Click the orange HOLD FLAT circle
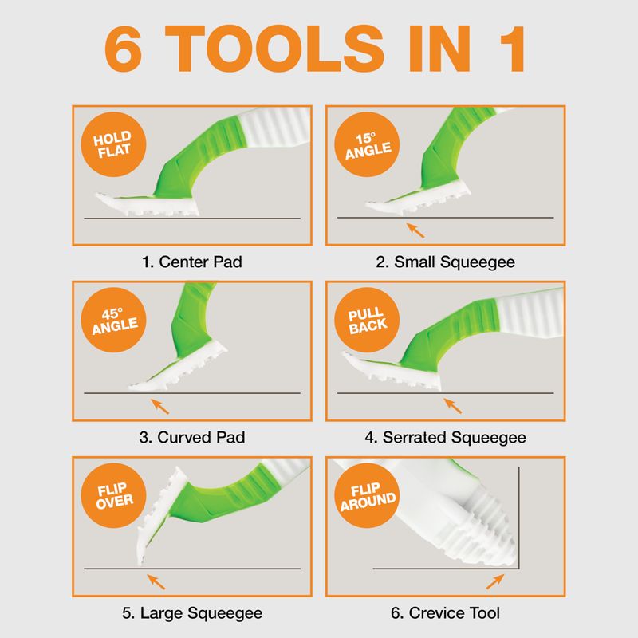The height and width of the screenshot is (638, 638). coord(113,144)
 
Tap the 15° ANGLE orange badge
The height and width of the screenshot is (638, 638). coord(367,144)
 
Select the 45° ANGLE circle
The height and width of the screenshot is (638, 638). coord(113,320)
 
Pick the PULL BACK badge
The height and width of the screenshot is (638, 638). coord(367,320)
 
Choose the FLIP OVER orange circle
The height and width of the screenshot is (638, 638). coord(113,495)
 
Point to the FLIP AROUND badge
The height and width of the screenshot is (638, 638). coord(367,495)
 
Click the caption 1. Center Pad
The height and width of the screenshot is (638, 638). coord(192,262)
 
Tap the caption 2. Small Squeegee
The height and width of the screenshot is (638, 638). coord(446,262)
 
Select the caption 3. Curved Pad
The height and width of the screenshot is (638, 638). coord(192,437)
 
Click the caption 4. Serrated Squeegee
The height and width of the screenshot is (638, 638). coord(446,438)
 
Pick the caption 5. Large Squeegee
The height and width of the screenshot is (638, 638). coord(192,613)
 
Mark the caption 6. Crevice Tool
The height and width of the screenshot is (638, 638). coord(446,613)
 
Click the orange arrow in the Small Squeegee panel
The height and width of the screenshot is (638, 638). coord(415,230)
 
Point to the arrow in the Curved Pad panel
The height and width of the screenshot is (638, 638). coord(160,407)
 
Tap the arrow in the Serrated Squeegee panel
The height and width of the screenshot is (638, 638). coord(453,406)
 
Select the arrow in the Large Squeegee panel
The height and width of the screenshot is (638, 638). coord(156,582)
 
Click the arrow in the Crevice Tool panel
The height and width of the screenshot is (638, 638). coord(495,581)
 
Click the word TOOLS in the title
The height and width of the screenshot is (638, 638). coord(274,49)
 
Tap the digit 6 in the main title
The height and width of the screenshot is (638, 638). coord(124,49)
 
